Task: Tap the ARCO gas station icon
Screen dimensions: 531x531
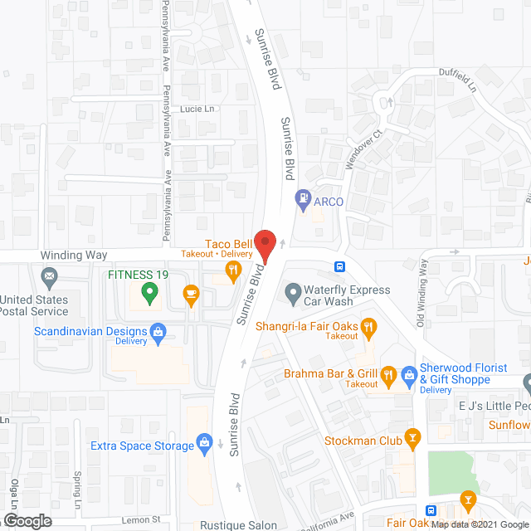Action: (304, 198)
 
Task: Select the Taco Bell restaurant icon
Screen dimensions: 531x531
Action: (234, 268)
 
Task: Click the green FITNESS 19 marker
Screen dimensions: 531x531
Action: (149, 290)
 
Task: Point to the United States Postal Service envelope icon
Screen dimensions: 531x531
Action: (49, 275)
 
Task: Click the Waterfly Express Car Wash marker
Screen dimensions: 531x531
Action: (292, 291)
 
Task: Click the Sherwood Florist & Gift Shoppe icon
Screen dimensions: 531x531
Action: (408, 375)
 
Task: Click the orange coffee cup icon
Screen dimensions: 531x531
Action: (191, 295)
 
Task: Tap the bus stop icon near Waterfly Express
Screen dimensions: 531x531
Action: (340, 267)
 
